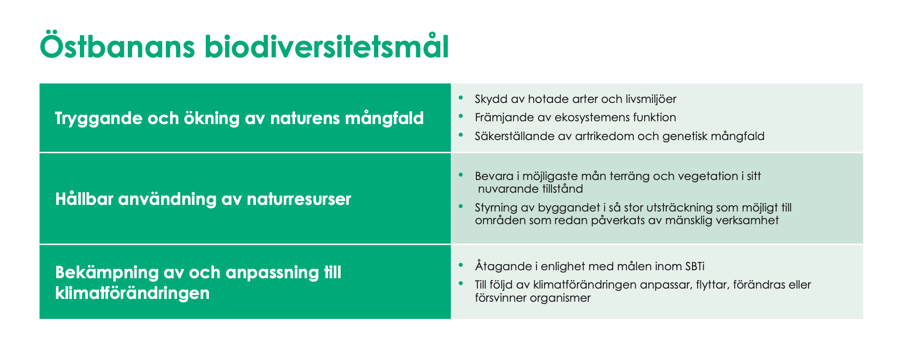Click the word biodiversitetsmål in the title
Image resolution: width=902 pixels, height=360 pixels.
coord(327,47)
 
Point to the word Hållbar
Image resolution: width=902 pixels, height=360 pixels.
coord(84,199)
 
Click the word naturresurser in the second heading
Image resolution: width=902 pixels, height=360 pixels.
coord(299,199)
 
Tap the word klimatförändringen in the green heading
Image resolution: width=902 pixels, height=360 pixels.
coord(132,293)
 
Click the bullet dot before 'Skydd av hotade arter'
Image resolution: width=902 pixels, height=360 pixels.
coord(461,98)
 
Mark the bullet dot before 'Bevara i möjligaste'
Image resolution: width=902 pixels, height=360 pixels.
coord(461,175)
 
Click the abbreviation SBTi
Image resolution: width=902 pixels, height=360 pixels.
coord(694,266)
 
